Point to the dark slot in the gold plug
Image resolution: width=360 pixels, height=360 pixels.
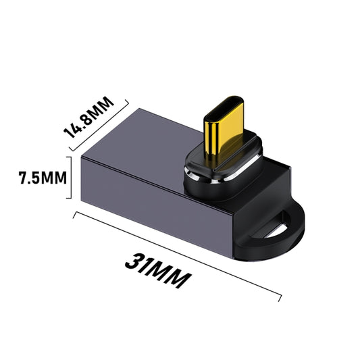(224, 127)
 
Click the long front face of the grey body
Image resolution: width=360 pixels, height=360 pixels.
(155, 203)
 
